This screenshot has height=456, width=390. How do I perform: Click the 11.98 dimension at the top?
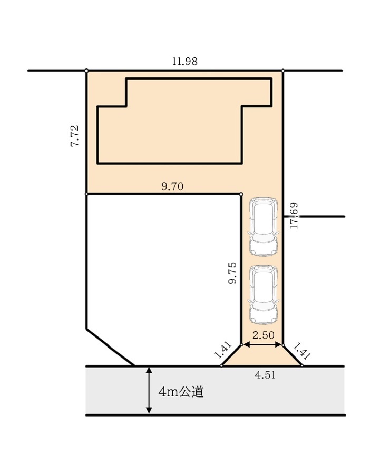[185, 62]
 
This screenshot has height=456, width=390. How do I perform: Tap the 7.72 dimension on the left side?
[74, 136]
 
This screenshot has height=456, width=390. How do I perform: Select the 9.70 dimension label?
[172, 186]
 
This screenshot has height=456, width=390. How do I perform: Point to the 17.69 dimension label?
[294, 215]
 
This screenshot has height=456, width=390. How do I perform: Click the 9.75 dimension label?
[232, 273]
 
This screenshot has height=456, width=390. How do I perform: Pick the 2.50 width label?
[264, 335]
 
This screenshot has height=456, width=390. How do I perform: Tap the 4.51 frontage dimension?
[265, 375]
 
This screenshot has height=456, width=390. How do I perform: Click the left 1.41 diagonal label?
[222, 350]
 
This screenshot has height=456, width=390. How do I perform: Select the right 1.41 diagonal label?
[302, 351]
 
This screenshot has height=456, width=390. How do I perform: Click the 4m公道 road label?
[181, 392]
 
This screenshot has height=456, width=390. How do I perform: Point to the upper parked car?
[264, 227]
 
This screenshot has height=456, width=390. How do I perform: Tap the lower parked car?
[264, 295]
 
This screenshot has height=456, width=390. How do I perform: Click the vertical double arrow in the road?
[149, 390]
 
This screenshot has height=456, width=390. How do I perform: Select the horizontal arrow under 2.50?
[262, 345]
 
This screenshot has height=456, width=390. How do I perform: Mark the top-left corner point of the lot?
[86, 71]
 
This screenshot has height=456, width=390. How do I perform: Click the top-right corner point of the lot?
[283, 71]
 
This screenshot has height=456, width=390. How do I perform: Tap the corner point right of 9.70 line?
[241, 194]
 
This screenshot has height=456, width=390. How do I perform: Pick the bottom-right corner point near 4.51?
[302, 365]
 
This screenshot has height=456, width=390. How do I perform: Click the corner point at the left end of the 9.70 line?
[86, 194]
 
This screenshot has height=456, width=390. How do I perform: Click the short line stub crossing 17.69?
[314, 216]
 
